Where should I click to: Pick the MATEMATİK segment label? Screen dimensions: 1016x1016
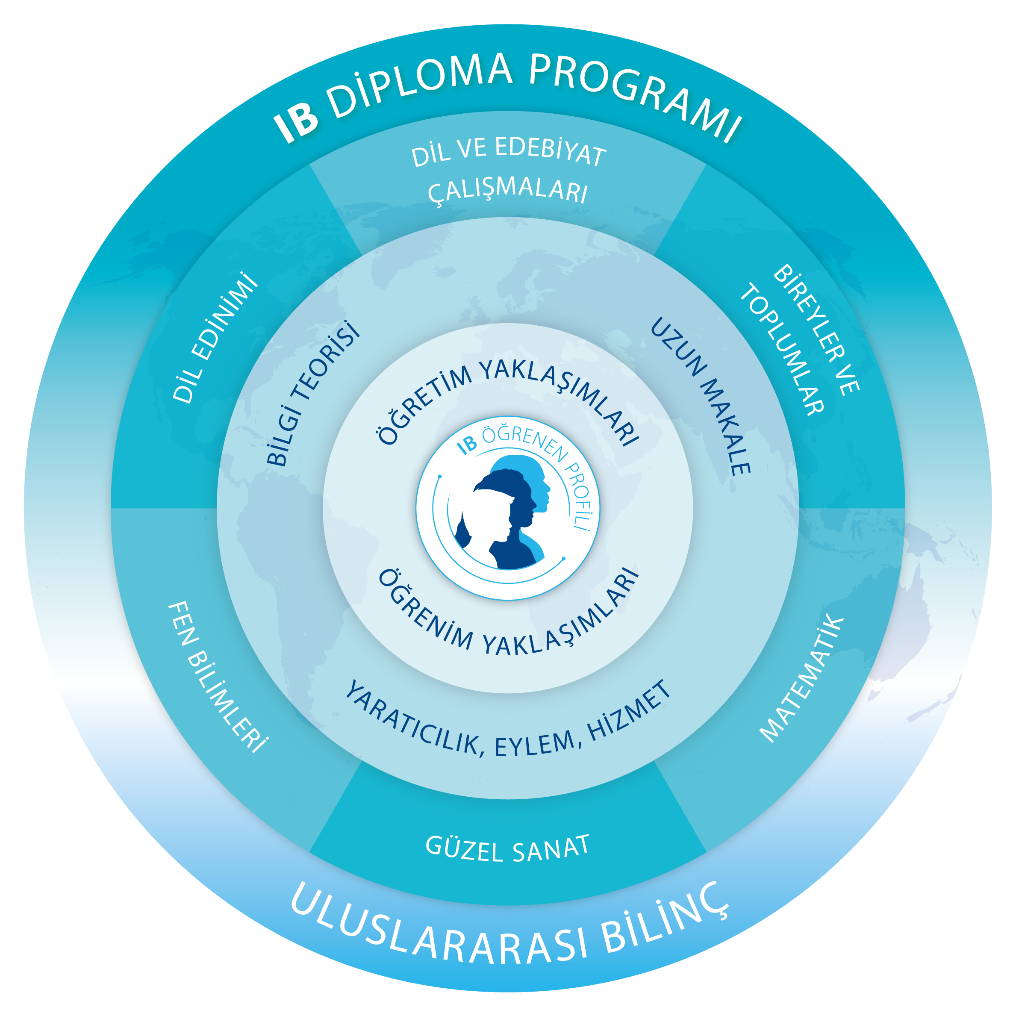(x=801, y=678)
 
